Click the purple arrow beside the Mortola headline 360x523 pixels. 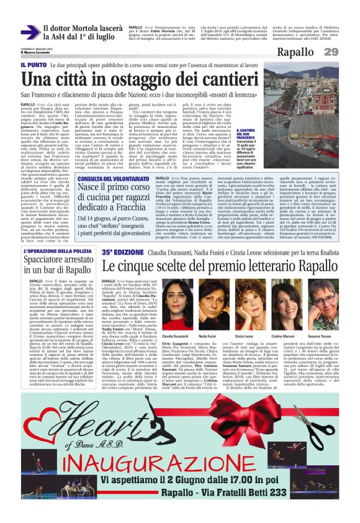click(x=30, y=32)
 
